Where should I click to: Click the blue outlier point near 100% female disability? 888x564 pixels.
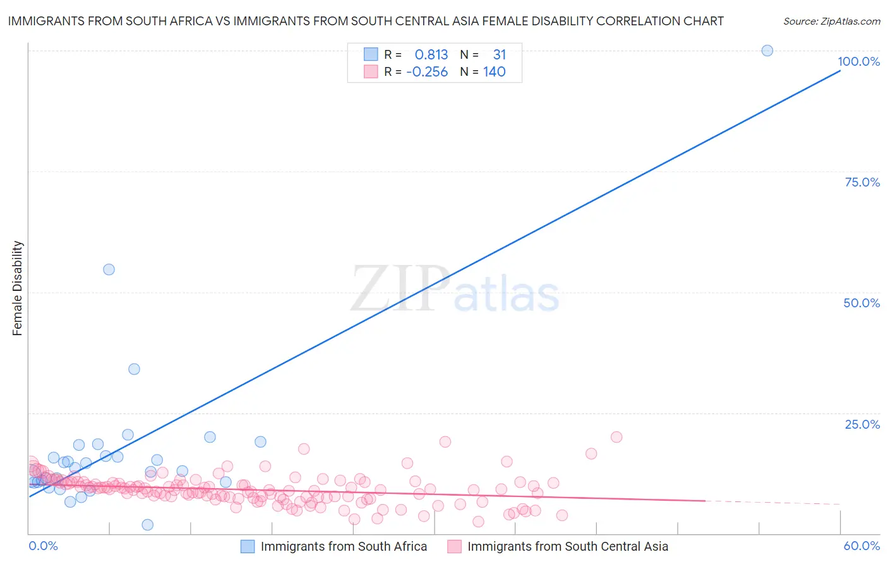(767, 51)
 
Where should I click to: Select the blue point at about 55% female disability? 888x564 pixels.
(109, 269)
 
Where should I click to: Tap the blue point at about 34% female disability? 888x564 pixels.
(134, 369)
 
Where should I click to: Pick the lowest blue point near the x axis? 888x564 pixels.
(147, 525)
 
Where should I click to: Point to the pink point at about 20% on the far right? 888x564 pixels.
(616, 437)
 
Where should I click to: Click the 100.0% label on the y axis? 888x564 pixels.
(858, 61)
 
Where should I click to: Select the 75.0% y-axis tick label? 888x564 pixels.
(862, 182)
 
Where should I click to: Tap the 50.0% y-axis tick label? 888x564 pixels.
(861, 303)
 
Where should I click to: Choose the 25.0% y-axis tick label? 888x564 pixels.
(862, 424)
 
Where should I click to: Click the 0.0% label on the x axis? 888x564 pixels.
(43, 546)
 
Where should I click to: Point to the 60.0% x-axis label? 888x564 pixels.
(861, 546)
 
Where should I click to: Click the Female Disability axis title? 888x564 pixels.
(18, 288)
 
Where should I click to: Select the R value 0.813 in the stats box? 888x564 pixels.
(431, 55)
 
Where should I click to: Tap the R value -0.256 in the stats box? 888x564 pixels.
(427, 72)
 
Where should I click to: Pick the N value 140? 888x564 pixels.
(495, 72)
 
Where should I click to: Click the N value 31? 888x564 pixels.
(499, 55)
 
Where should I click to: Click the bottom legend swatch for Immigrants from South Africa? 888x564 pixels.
(248, 547)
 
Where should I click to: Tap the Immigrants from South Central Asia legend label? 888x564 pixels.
(568, 547)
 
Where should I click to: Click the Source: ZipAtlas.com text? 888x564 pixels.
(831, 21)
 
